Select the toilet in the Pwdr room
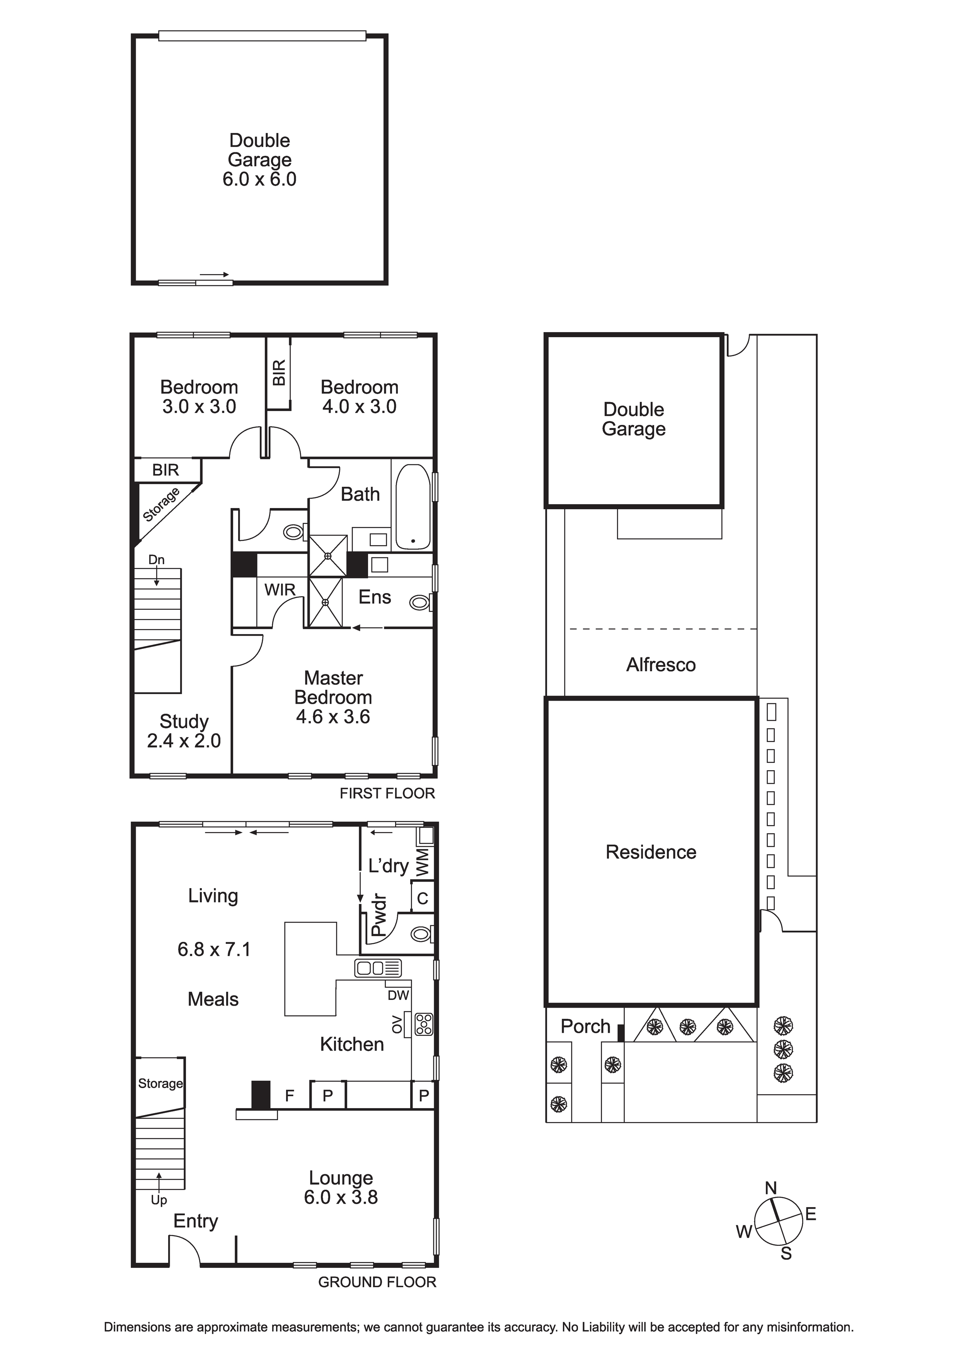[x=422, y=934]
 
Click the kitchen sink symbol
[x=378, y=968]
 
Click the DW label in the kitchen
[x=398, y=995]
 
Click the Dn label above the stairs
[x=156, y=559]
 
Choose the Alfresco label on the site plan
[x=661, y=665]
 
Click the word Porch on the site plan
[x=585, y=1027]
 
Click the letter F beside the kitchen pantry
[x=290, y=1096]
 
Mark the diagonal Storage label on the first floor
[x=161, y=505]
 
